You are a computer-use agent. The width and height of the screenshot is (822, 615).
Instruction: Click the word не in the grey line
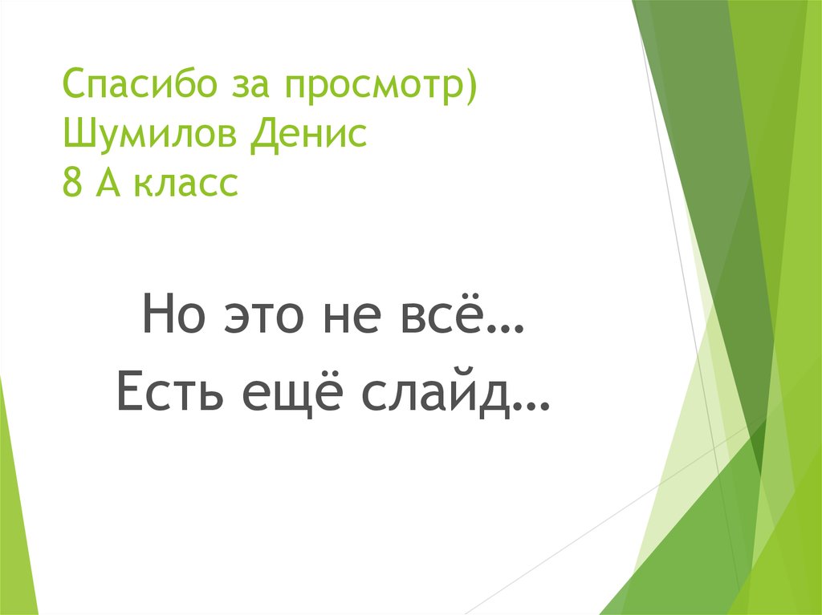360,316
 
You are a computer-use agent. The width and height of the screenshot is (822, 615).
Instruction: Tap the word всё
450,313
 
